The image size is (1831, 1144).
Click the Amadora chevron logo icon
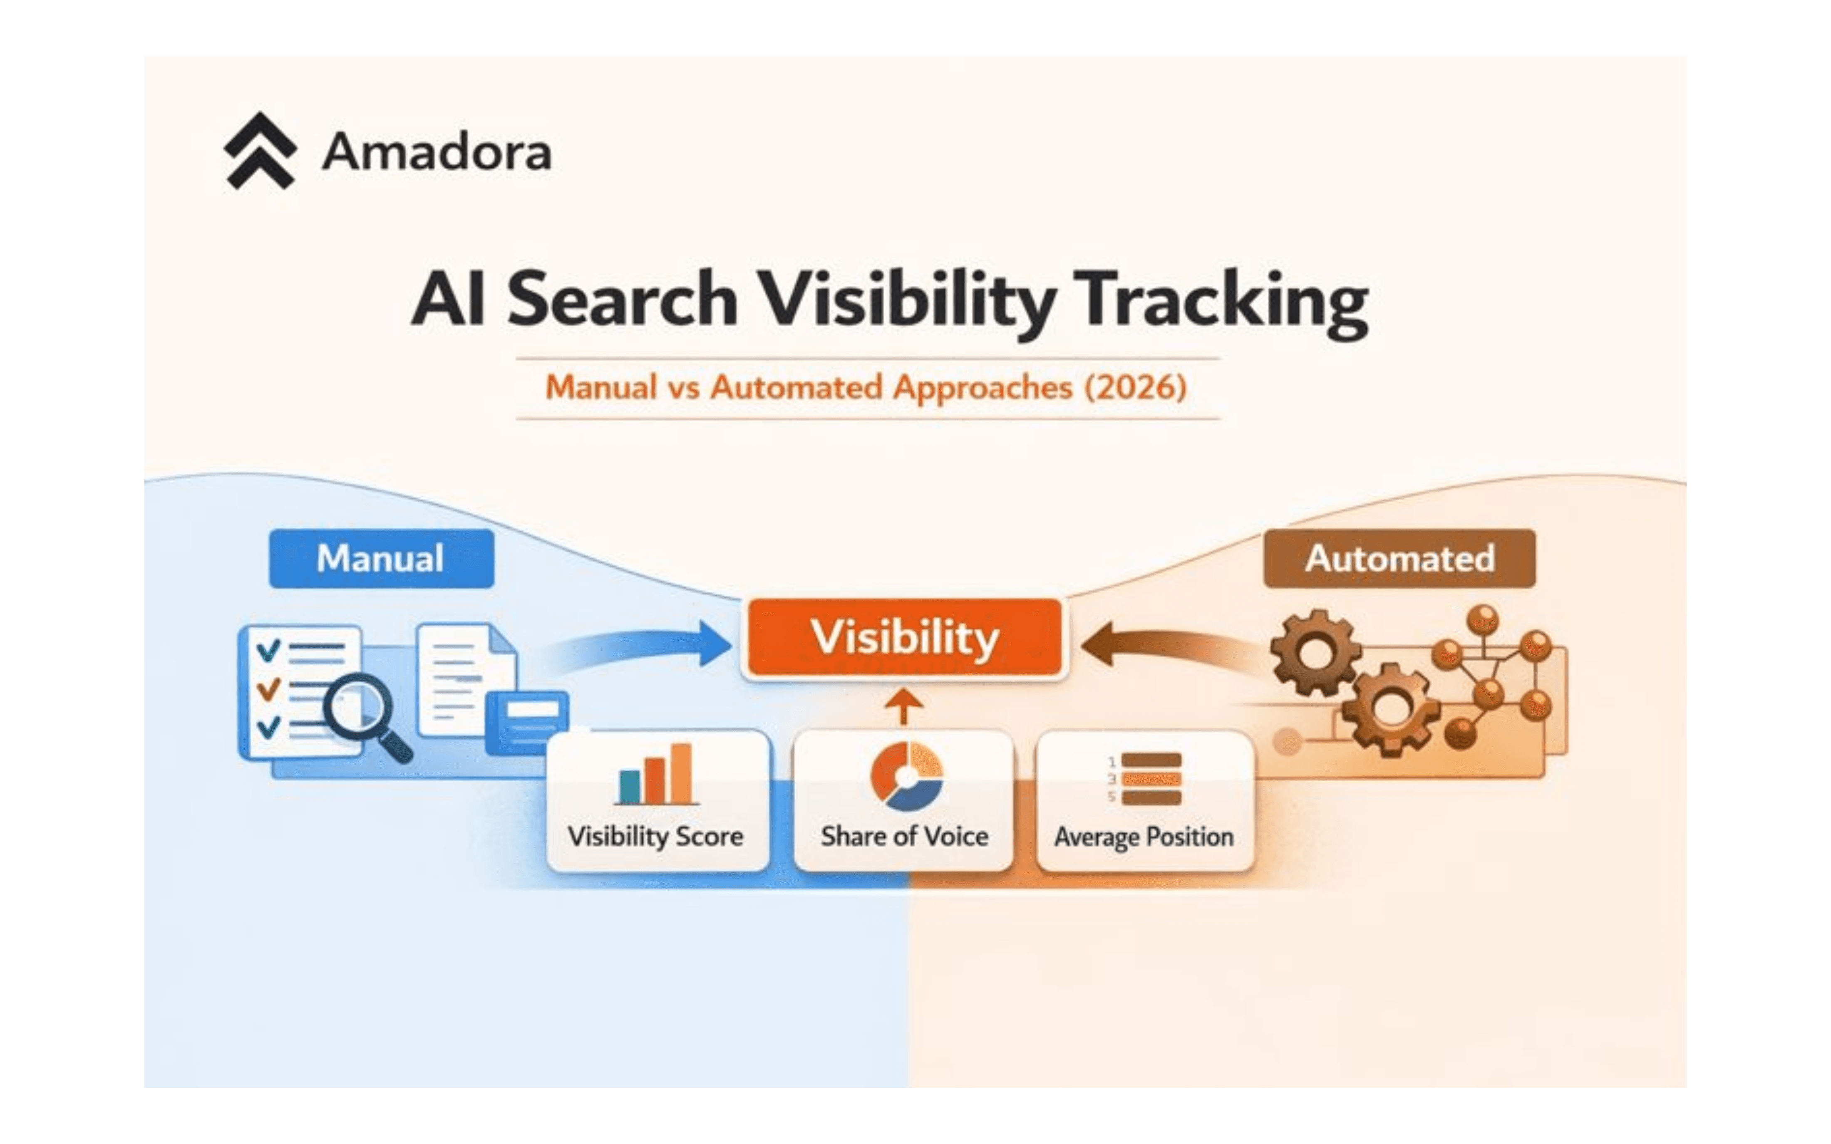260,151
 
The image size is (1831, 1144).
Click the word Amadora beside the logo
437,152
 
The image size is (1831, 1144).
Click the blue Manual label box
381,558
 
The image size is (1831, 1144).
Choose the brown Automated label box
1399,558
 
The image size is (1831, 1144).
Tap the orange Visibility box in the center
905,637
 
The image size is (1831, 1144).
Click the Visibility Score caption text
655,836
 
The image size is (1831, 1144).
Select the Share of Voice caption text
904,836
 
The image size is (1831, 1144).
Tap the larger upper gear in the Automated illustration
1315,652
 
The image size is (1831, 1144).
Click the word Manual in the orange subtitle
601,387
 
